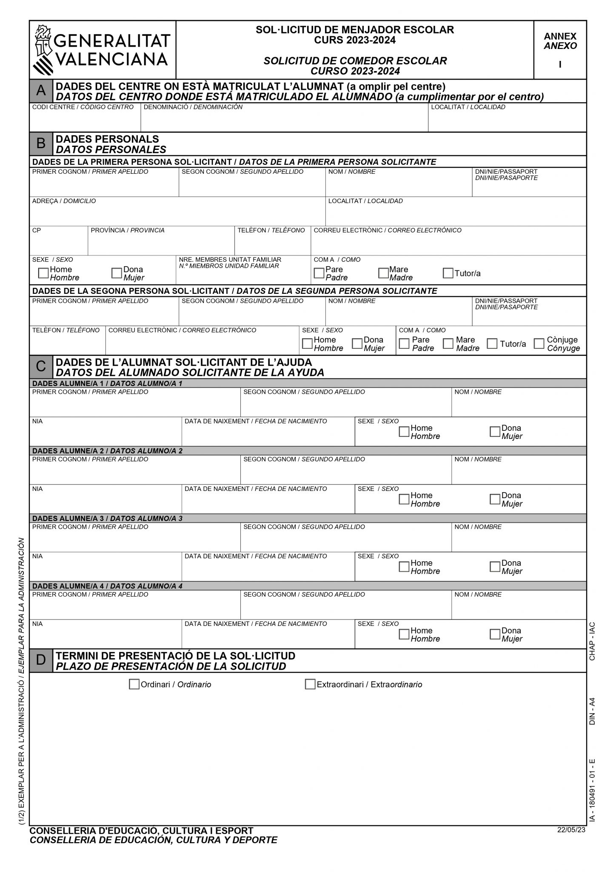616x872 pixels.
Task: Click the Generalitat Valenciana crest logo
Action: point(43,50)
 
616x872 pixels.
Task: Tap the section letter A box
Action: point(41,91)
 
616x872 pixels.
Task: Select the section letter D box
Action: point(41,660)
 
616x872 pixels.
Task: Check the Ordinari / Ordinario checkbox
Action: point(134,684)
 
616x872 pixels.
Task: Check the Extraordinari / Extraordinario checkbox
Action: point(310,684)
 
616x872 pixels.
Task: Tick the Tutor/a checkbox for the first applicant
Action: point(448,273)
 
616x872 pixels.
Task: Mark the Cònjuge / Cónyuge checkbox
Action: point(539,344)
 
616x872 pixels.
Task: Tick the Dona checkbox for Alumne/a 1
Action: point(495,432)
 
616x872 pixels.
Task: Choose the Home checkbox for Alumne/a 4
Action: point(404,634)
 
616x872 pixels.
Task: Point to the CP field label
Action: point(37,230)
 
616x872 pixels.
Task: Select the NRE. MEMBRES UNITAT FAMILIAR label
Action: point(230,260)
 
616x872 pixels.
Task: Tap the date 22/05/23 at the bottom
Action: point(571,829)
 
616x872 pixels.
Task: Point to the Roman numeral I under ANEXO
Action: point(560,65)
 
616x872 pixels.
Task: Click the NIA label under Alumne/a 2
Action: point(37,489)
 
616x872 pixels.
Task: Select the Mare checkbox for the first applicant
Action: point(383,273)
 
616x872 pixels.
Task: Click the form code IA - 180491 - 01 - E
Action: point(592,790)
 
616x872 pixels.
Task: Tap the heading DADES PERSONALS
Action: point(107,139)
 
